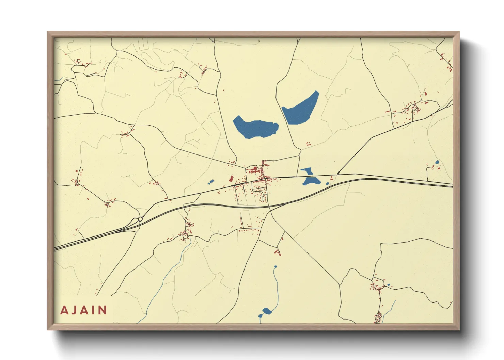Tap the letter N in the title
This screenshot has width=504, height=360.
point(103,310)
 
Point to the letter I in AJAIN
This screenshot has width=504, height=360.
point(93,310)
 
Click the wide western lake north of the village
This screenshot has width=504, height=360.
point(255,128)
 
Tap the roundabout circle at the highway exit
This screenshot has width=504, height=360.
point(140,219)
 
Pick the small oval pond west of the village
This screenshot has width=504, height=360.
point(210,183)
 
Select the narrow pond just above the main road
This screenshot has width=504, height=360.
point(306,170)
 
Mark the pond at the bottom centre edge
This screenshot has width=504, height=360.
point(266,311)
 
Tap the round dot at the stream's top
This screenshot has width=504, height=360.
point(275,266)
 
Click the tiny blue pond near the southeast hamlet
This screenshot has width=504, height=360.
point(388,285)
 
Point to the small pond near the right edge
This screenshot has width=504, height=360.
point(437,162)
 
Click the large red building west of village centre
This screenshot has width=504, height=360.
point(231,179)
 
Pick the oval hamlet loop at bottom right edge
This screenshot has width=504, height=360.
point(378,317)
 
